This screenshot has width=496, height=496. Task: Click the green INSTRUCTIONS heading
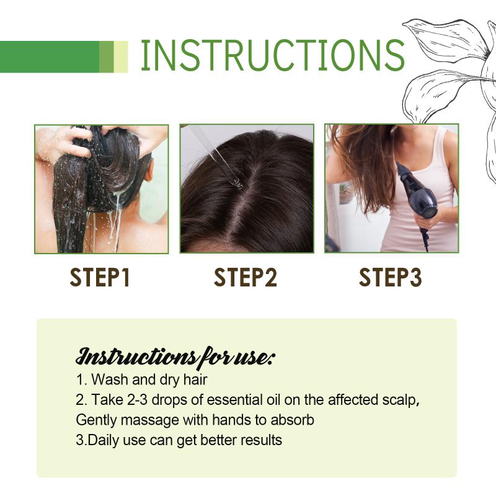pos(272,55)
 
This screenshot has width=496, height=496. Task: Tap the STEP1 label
pos(100,277)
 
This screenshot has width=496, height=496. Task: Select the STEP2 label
pos(246,277)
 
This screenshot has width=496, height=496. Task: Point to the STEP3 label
pos(391,277)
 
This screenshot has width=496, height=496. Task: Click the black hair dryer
pos(417,196)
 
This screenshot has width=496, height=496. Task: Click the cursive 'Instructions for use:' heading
pos(175,358)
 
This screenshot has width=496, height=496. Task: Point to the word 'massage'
pos(150,421)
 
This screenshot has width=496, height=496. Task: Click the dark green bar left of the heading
pos(50,56)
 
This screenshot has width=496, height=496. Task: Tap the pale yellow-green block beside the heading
pos(121,56)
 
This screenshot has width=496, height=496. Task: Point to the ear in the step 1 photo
pos(149,171)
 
